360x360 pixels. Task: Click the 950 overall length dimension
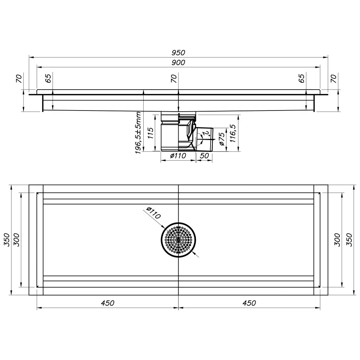[178, 53]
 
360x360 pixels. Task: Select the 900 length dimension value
[178, 62]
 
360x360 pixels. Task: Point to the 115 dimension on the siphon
[150, 133]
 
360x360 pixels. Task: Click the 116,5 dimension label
[233, 134]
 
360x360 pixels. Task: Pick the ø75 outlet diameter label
[221, 139]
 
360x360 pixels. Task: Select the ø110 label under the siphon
[178, 156]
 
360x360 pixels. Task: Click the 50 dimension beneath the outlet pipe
[204, 156]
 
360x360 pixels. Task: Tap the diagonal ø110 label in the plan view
[153, 213]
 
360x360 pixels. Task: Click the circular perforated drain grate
[179, 240]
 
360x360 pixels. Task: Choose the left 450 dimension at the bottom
[107, 303]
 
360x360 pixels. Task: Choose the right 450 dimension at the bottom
[249, 303]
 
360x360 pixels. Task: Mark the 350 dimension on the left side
[7, 240]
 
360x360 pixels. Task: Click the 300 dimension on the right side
[337, 240]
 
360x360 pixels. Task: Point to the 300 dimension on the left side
[17, 240]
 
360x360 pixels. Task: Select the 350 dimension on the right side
[349, 240]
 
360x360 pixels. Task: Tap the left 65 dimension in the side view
[48, 78]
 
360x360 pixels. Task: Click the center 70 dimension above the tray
[174, 78]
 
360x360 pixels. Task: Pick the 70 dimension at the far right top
[334, 78]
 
